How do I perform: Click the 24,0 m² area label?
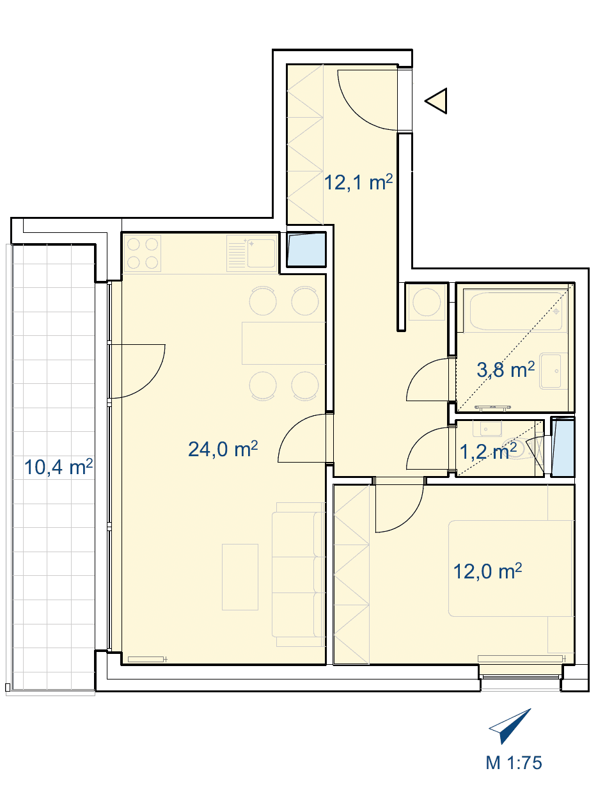click(223, 449)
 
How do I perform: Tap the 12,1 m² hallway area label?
click(358, 182)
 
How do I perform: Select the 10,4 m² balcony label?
click(58, 467)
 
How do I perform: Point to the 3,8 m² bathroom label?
click(505, 370)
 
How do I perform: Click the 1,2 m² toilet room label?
click(488, 452)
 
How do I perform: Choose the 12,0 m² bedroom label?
click(487, 571)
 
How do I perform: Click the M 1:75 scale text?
click(514, 763)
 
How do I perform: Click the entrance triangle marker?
click(436, 100)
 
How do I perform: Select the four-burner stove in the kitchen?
click(142, 253)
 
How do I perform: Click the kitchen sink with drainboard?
click(252, 253)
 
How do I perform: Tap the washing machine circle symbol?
click(427, 302)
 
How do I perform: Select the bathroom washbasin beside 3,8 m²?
click(553, 371)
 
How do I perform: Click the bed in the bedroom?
click(510, 568)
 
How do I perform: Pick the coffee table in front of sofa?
click(240, 577)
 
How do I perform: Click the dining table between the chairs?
click(283, 343)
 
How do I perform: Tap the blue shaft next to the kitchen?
click(306, 250)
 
